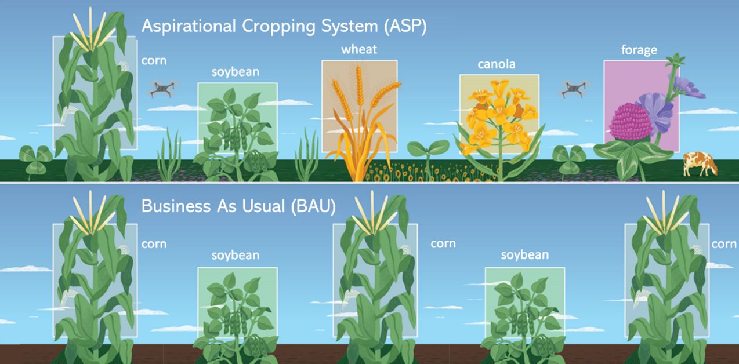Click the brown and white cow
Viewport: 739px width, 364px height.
click(700, 163)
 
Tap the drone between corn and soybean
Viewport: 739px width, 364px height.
click(164, 88)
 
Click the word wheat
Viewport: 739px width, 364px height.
click(359, 49)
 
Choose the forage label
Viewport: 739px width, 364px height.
click(639, 50)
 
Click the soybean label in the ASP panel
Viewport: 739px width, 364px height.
click(235, 72)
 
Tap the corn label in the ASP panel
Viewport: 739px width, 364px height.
click(154, 60)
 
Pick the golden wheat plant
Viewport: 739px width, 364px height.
click(360, 122)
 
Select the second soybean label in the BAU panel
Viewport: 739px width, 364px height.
click(524, 255)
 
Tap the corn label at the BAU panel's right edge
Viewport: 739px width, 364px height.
click(723, 244)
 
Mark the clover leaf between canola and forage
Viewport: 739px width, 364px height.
click(568, 156)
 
